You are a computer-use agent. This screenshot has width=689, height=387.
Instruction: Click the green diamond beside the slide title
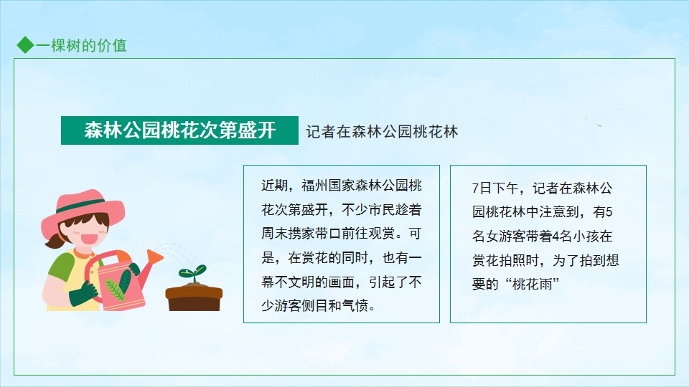[26, 44]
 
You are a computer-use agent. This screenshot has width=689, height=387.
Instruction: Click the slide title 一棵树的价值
[81, 45]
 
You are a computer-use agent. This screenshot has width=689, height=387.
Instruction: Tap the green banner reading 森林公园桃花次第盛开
[179, 130]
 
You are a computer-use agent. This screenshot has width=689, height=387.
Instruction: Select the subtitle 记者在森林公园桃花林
[382, 132]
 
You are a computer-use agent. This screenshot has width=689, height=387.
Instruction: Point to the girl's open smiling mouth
[90, 239]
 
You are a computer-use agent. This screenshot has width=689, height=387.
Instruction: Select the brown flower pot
[194, 297]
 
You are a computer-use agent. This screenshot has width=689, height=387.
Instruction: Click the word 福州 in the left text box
[314, 186]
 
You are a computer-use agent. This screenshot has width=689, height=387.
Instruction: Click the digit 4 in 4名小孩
[556, 236]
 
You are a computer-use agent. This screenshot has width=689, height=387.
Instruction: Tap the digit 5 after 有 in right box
[609, 212]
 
